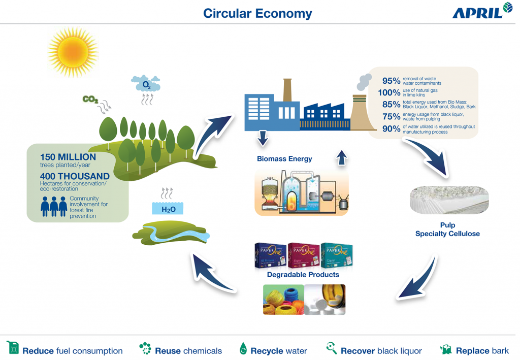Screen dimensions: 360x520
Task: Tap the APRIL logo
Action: tap(482, 12)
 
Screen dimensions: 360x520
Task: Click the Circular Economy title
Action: tap(257, 13)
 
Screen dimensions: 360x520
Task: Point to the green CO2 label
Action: tap(90, 100)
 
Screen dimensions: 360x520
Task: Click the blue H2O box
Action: tap(168, 209)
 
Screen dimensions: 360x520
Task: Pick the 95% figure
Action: tap(391, 81)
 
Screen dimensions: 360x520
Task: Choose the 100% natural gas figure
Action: tap(389, 93)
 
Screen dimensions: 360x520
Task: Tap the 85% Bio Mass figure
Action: tap(391, 105)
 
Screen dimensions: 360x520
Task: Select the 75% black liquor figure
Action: tap(391, 117)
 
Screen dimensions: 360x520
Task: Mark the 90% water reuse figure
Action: tap(391, 129)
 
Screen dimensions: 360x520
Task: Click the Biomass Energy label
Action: tap(284, 159)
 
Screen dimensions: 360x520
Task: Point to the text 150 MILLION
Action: tap(68, 157)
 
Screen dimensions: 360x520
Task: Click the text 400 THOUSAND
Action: tap(75, 176)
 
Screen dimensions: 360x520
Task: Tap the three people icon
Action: tap(54, 207)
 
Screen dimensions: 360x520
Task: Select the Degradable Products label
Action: tap(303, 275)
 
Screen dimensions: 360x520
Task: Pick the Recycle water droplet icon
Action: tap(243, 349)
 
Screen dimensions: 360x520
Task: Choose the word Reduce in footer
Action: tap(38, 351)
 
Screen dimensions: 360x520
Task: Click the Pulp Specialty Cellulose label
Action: tap(447, 229)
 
